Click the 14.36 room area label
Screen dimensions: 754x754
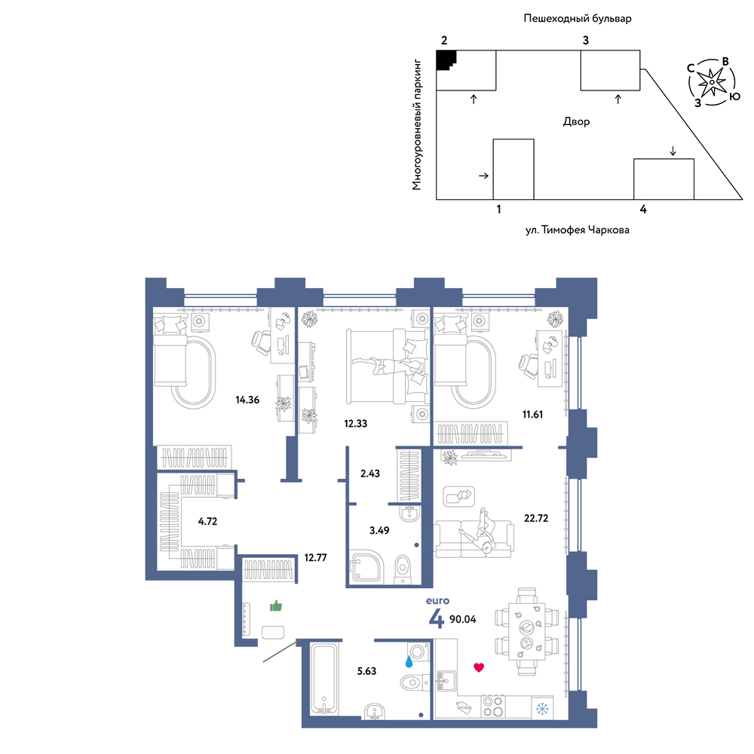247,400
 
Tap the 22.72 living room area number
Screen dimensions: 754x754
535,518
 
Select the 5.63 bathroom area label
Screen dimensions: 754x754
366,671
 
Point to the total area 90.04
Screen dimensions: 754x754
463,619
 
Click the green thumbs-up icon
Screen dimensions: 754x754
275,605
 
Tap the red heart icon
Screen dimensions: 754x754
479,667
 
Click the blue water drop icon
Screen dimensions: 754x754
409,662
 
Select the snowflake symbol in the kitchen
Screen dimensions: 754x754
542,708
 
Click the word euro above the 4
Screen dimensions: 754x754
437,601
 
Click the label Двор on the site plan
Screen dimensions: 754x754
576,121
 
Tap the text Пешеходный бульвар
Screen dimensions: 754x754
577,19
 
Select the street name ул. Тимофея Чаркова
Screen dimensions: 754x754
577,230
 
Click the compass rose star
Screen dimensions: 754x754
712,81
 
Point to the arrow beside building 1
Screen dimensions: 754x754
483,176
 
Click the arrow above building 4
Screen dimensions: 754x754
673,151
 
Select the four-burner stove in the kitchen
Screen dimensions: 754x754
493,706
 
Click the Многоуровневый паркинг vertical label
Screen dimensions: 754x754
416,124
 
